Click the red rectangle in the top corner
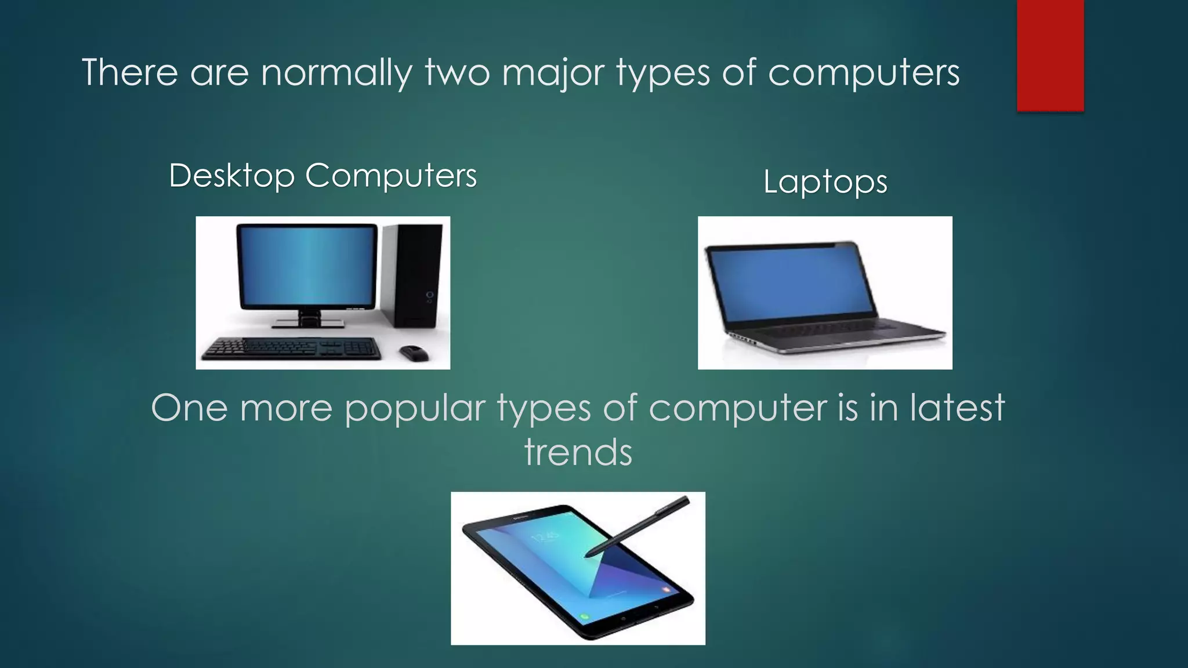tap(1050, 55)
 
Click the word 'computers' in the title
tap(864, 73)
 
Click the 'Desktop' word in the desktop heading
tap(231, 175)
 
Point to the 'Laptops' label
tap(825, 182)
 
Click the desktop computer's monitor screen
tap(307, 266)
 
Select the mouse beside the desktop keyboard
tap(414, 352)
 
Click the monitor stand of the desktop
tap(309, 318)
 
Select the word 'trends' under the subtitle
tap(578, 452)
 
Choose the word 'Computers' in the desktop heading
tap(391, 175)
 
